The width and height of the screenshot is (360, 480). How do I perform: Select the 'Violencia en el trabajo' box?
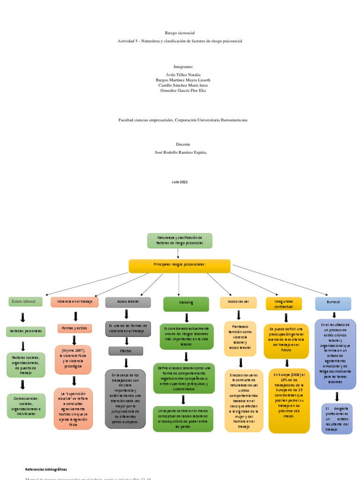(x=75, y=301)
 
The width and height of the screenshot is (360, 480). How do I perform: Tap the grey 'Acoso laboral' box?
(x=128, y=301)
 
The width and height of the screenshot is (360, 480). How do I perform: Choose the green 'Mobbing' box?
(x=186, y=304)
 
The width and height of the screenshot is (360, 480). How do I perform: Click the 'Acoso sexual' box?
(x=238, y=302)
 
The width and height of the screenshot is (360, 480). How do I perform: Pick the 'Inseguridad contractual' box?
(x=284, y=304)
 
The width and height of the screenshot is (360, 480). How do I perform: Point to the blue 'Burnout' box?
(x=333, y=303)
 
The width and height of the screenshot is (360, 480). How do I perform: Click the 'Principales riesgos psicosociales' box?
(x=180, y=266)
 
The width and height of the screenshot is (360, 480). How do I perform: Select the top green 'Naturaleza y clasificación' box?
(x=180, y=241)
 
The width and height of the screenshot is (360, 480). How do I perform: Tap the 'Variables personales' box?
(x=26, y=331)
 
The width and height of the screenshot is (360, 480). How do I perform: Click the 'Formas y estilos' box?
(x=74, y=328)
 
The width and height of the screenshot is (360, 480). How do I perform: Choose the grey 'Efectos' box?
(x=126, y=351)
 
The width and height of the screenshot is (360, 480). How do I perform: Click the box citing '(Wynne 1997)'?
(x=73, y=360)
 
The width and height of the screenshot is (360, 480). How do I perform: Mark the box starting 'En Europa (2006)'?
(x=289, y=401)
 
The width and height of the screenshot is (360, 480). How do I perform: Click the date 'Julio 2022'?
(x=180, y=181)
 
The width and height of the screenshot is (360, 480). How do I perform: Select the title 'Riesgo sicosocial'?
(x=180, y=33)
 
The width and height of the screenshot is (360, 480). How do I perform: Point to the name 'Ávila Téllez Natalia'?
(x=180, y=75)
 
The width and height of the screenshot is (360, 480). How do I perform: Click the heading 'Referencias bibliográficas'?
(x=46, y=469)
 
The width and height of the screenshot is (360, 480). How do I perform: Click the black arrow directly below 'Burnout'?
(x=334, y=315)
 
